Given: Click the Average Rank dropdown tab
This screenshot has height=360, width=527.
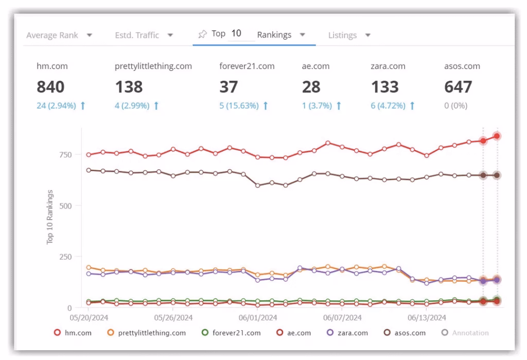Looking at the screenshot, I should click(59, 35).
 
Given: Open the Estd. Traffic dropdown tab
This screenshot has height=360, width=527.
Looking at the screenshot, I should click(144, 35).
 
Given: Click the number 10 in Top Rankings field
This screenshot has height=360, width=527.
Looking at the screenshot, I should click(236, 33).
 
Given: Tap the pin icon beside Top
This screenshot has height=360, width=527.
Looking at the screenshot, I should click(202, 34).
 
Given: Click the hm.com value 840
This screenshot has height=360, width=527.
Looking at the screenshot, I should click(50, 87).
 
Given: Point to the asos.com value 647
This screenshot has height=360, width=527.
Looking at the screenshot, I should click(458, 87).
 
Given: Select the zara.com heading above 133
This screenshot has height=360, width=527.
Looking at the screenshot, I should click(388, 66).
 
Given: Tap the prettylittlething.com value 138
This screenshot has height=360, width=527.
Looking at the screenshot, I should click(129, 87).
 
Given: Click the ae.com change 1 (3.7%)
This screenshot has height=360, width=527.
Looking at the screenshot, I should click(322, 105).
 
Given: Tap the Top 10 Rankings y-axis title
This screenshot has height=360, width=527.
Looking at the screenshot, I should click(50, 217).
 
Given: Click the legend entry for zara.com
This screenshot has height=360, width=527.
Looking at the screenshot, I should click(347, 333).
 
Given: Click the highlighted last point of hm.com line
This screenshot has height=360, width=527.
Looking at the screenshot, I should click(497, 136).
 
